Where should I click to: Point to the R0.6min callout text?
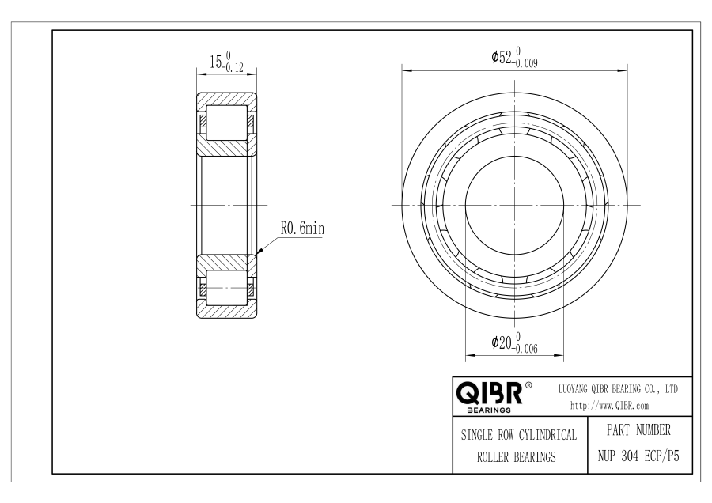pyautogui.click(x=302, y=229)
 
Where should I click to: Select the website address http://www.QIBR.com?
pyautogui.click(x=609, y=406)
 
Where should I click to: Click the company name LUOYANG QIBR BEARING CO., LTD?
pyautogui.click(x=618, y=389)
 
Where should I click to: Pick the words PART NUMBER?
pyautogui.click(x=638, y=430)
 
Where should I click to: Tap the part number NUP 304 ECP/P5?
pyautogui.click(x=638, y=456)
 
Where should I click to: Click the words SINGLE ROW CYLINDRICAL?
pyautogui.click(x=518, y=435)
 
